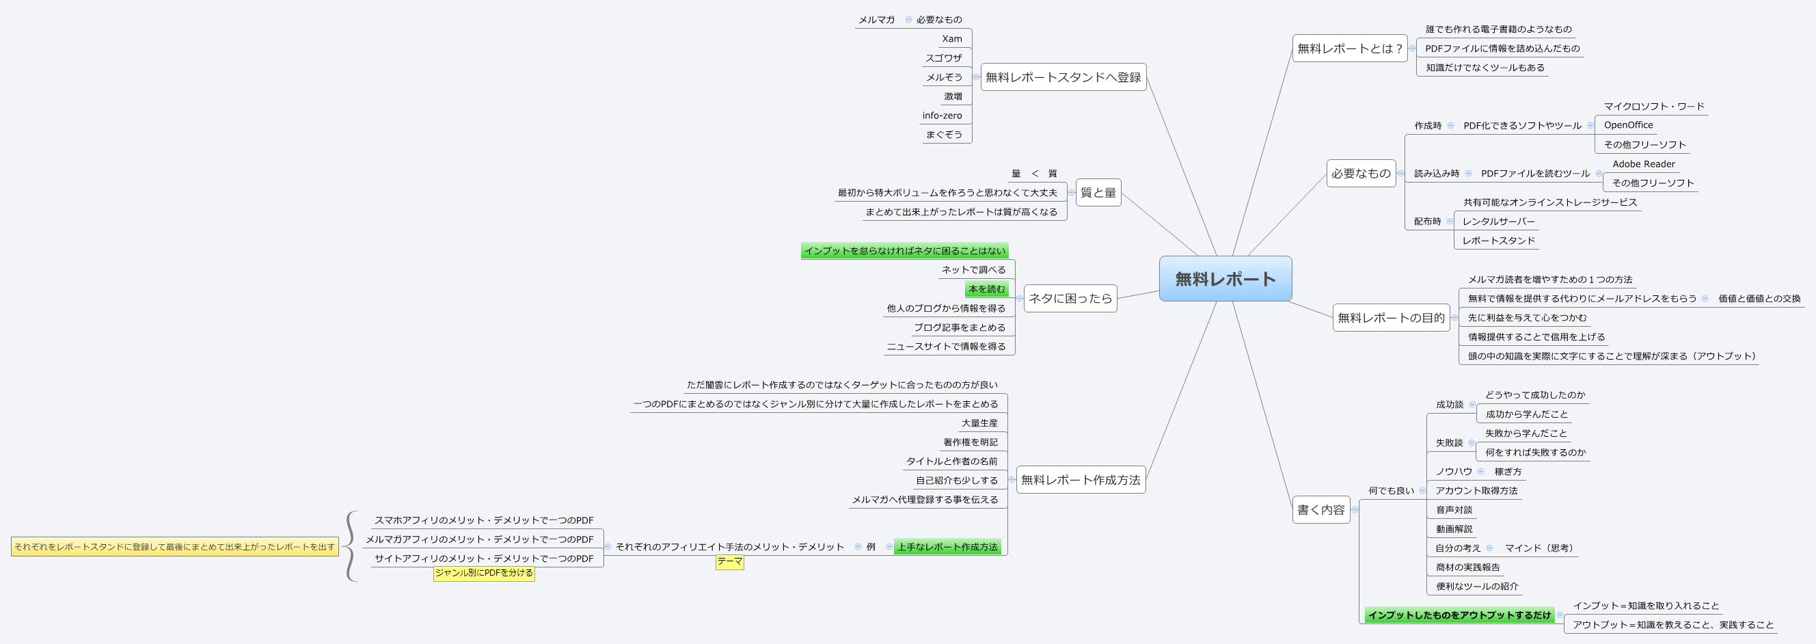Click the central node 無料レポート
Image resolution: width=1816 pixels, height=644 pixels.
pos(1225,279)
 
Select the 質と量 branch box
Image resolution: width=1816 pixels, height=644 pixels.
pos(1098,193)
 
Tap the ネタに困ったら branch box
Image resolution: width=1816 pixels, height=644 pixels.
pos(1070,298)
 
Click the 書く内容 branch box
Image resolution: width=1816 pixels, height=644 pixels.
pos(1320,509)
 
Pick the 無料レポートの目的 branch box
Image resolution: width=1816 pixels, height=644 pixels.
pos(1390,318)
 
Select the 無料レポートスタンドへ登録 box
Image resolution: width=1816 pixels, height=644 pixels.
pos(1062,77)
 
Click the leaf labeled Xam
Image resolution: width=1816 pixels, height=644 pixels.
pos(951,39)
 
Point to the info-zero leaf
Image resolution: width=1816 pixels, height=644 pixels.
pos(942,116)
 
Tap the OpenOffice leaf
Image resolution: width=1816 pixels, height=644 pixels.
pos(1628,125)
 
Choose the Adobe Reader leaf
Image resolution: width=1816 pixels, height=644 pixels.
pos(1643,163)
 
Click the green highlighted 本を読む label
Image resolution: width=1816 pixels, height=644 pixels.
pos(986,289)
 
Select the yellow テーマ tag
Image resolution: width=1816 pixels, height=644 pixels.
pos(730,561)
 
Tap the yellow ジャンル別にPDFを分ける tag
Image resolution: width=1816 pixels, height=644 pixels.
pos(484,573)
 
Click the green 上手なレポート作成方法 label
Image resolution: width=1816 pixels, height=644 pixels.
pos(947,547)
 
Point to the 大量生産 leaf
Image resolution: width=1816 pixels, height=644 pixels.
pos(979,423)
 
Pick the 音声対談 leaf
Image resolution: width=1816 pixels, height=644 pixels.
pos(1454,509)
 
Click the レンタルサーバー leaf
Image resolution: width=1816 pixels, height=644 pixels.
pos(1498,222)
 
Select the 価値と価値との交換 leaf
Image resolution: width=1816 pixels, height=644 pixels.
pos(1759,298)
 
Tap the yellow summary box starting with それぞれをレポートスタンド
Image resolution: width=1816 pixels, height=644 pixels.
pos(174,547)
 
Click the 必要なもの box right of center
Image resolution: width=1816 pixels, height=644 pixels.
pos(1361,174)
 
